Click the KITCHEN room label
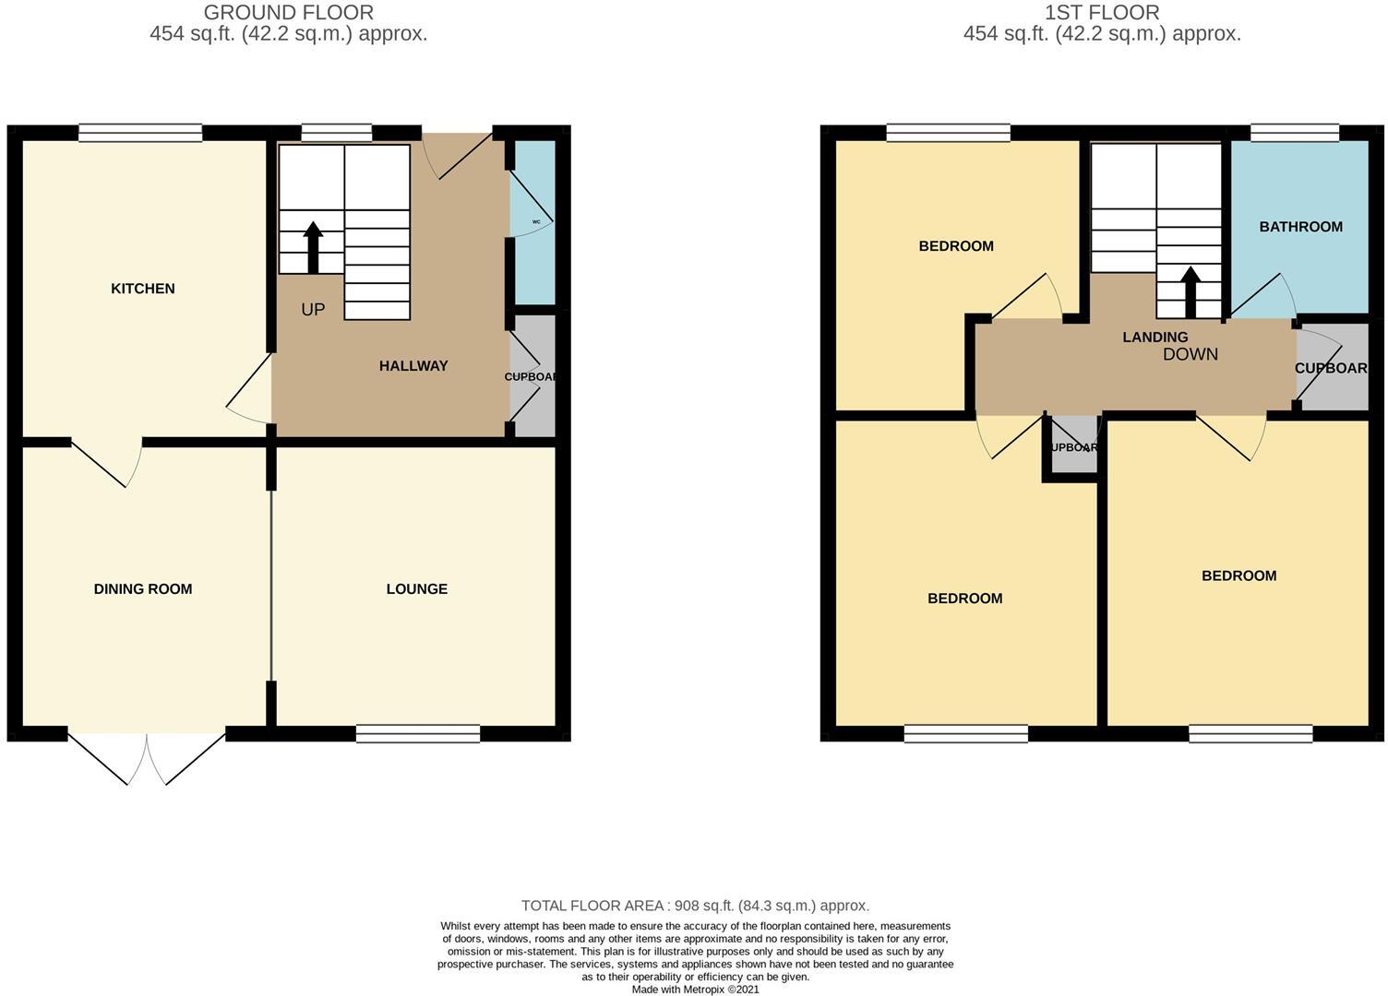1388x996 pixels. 142,289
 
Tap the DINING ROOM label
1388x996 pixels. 143,589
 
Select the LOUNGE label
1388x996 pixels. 416,589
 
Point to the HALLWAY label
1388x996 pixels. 413,366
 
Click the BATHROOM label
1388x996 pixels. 1300,227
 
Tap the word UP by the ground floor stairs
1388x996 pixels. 313,310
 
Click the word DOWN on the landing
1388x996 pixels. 1190,354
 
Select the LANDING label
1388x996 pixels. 1155,338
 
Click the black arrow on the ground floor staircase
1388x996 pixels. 313,247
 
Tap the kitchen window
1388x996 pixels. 140,133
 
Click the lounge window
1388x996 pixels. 418,734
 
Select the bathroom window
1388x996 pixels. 1294,133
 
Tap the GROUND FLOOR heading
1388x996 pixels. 288,13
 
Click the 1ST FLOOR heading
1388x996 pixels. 1102,13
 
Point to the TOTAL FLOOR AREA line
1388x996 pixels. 695,906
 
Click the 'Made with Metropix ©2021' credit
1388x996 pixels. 695,990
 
